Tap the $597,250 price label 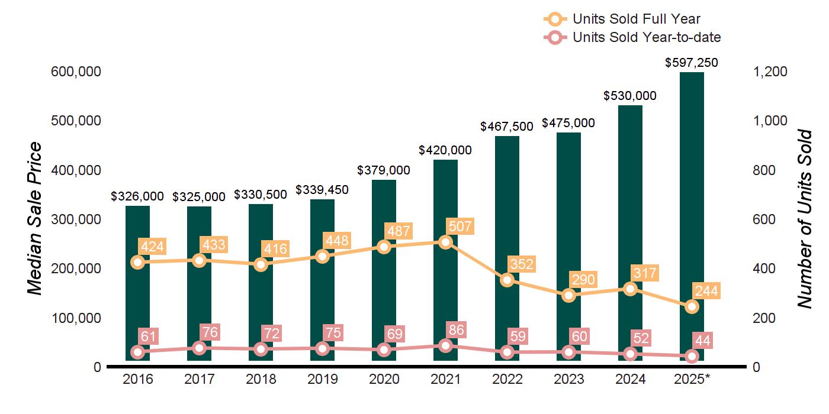(x=692, y=63)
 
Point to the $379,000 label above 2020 (x=384, y=170)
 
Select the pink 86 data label (x=457, y=329)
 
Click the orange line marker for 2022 (x=507, y=280)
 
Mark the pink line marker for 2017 (x=199, y=348)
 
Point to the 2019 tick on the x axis (x=322, y=379)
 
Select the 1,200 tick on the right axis (x=769, y=72)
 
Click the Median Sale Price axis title (x=36, y=219)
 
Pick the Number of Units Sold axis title (x=804, y=219)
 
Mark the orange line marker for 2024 (x=630, y=289)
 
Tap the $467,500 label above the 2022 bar (x=507, y=126)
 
